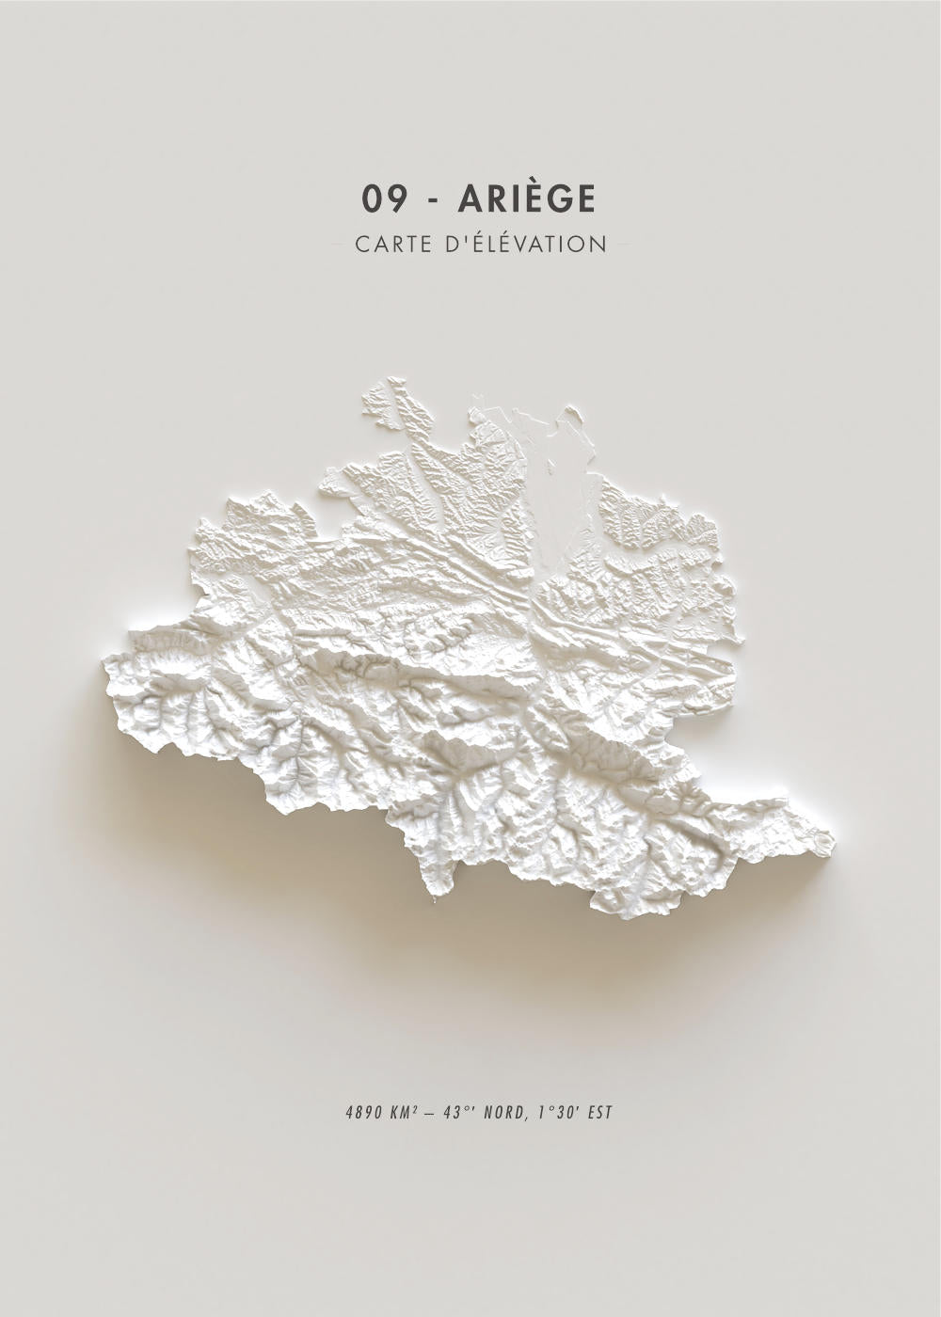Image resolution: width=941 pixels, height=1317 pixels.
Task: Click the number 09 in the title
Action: pyautogui.click(x=384, y=198)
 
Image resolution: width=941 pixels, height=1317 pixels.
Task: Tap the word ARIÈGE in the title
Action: pyautogui.click(x=527, y=198)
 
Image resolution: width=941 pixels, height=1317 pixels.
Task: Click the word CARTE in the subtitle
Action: pyautogui.click(x=393, y=245)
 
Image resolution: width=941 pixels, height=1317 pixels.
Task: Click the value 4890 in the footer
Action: pyautogui.click(x=362, y=1113)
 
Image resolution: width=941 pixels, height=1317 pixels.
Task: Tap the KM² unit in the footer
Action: pyautogui.click(x=404, y=1113)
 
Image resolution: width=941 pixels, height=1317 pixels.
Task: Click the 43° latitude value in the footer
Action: pyautogui.click(x=457, y=1113)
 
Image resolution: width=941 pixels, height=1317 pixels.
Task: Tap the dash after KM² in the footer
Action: pyautogui.click(x=430, y=1113)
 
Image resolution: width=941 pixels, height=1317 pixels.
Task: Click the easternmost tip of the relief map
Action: pyautogui.click(x=833, y=837)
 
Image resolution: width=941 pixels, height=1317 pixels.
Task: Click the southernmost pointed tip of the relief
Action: pyautogui.click(x=436, y=900)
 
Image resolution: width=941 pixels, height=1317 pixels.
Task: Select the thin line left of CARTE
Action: pyautogui.click(x=341, y=245)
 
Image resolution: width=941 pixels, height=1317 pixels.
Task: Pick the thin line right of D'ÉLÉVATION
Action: pyautogui.click(x=621, y=245)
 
